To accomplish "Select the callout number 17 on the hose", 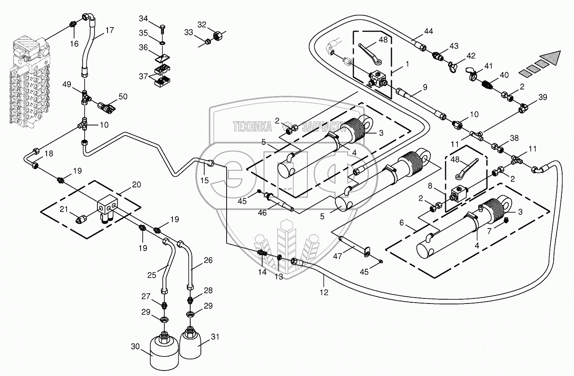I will pyautogui.click(x=110, y=30).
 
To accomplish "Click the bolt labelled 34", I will pyautogui.click(x=163, y=30).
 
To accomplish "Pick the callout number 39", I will pyautogui.click(x=543, y=97).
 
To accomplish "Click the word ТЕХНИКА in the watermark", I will pyautogui.click(x=252, y=126).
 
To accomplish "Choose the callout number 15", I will pyautogui.click(x=205, y=180).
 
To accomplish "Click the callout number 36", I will pyautogui.click(x=143, y=48).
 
